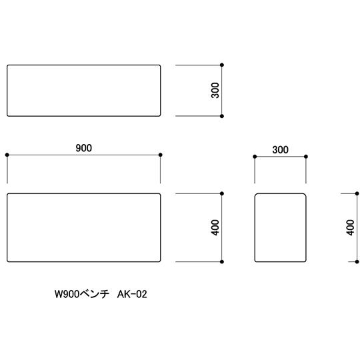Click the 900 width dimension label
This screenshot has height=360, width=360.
tap(84, 148)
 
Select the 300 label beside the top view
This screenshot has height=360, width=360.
tap(215, 91)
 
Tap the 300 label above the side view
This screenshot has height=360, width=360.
tap(280, 150)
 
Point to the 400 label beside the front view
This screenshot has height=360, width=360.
tap(215, 227)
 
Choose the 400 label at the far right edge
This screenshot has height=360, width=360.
tap(351, 227)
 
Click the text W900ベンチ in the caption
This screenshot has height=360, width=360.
tap(82, 294)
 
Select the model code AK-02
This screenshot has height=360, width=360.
tap(132, 294)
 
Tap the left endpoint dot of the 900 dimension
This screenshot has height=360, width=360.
tap(7, 155)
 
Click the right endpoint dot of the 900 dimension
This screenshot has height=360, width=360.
tap(161, 155)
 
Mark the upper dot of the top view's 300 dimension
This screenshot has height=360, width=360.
tap(222, 65)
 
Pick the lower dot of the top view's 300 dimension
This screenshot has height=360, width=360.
tap(222, 116)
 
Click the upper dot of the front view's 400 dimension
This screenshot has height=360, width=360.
tap(222, 193)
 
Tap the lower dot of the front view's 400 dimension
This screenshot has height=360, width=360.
tap(222, 262)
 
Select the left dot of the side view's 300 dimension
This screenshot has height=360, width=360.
tap(255, 157)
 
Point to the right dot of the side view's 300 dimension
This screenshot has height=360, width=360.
tap(306, 157)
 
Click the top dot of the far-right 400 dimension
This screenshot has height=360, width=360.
tap(357, 193)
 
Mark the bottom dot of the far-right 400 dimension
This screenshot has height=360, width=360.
tap(357, 262)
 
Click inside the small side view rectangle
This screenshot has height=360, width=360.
tap(280, 227)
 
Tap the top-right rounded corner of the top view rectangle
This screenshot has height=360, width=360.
tap(159, 66)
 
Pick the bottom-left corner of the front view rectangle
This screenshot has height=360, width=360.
tap(8, 261)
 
